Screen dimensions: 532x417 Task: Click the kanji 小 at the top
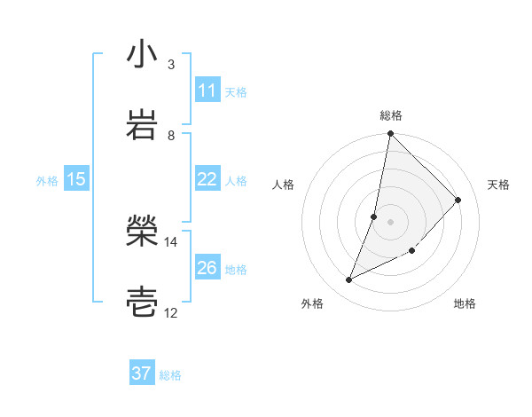click(142, 55)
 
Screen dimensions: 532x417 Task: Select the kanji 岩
click(142, 124)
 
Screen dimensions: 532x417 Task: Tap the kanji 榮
click(142, 233)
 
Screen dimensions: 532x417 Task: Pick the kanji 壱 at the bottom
click(142, 303)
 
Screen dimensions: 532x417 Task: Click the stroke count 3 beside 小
click(171, 65)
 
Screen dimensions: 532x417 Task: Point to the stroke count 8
click(171, 135)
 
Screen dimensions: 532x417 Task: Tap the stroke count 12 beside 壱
click(171, 312)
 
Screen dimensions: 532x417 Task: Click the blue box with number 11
click(207, 90)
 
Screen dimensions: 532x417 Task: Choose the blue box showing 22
click(207, 179)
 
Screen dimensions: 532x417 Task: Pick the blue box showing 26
click(207, 268)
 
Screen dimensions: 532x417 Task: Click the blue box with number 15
click(76, 179)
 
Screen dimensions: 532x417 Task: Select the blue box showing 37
click(142, 374)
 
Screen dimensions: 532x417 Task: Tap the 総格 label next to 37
click(170, 375)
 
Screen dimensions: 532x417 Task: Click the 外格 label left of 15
click(47, 181)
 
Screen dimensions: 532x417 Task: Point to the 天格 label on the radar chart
click(498, 185)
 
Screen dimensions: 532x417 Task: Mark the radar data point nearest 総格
click(390, 134)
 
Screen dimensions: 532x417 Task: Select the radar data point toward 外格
click(349, 280)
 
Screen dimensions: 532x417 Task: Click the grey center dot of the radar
click(390, 221)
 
